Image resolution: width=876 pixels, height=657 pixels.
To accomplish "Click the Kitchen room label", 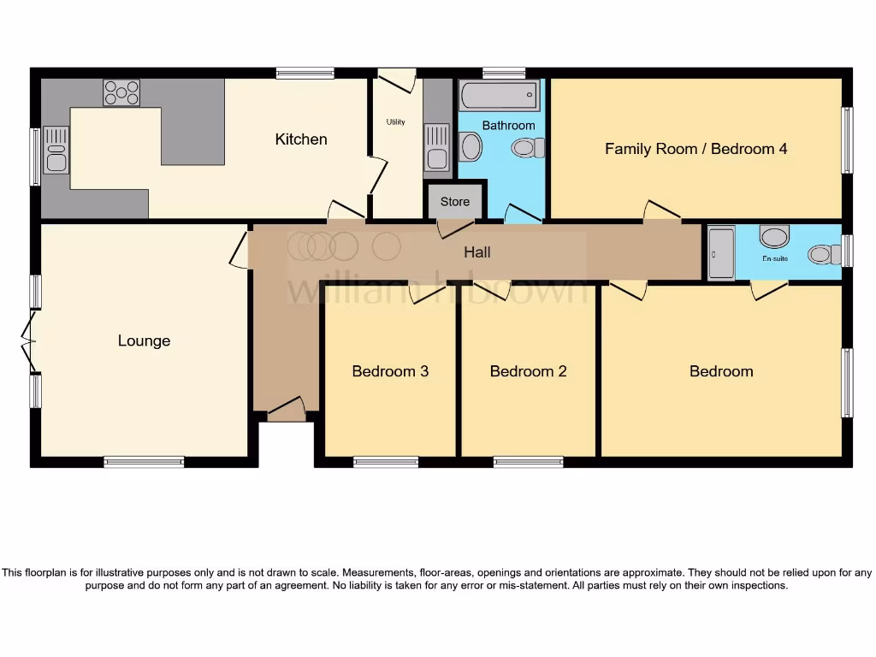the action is click(x=300, y=139).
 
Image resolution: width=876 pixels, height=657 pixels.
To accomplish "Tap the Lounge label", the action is click(x=144, y=340).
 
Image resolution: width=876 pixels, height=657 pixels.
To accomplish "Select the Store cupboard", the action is click(x=455, y=201).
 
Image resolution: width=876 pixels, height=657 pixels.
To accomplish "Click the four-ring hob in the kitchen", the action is click(x=121, y=92).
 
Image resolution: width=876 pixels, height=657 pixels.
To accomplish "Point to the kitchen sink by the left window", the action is click(x=56, y=150).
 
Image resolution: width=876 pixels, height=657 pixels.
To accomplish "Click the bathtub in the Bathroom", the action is click(x=500, y=95).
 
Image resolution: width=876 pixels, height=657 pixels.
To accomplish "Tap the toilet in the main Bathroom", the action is click(x=528, y=148).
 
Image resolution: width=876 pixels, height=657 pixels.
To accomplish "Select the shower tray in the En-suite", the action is click(x=721, y=252).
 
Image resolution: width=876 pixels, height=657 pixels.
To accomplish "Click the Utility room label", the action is click(x=395, y=121).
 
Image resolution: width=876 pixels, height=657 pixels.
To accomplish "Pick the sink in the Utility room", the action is click(x=437, y=147).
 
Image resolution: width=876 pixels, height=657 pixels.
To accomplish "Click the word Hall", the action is click(x=477, y=252).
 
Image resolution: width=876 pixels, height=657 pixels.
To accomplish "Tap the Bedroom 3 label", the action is click(x=390, y=371).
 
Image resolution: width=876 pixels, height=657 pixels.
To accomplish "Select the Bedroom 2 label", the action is click(x=528, y=371).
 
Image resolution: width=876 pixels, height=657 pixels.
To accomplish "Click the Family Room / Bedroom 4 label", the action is click(x=696, y=149).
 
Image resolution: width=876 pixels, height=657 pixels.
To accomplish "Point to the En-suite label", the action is click(x=775, y=258).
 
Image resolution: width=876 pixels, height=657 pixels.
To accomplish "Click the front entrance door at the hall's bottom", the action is click(x=287, y=409).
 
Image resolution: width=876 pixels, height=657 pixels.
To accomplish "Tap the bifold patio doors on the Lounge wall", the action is click(x=29, y=342).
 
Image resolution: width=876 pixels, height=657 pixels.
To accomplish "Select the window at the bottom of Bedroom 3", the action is click(x=386, y=462).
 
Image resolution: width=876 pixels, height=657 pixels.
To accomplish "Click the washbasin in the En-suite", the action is click(x=774, y=236).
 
